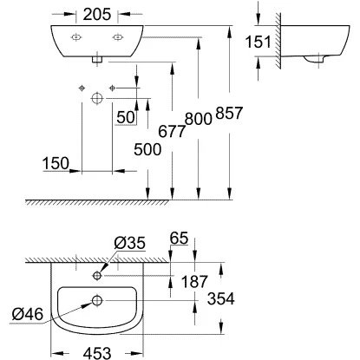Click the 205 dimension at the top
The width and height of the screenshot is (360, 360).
97,14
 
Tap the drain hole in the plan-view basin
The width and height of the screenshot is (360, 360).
97,301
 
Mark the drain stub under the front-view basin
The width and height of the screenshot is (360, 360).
97,59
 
